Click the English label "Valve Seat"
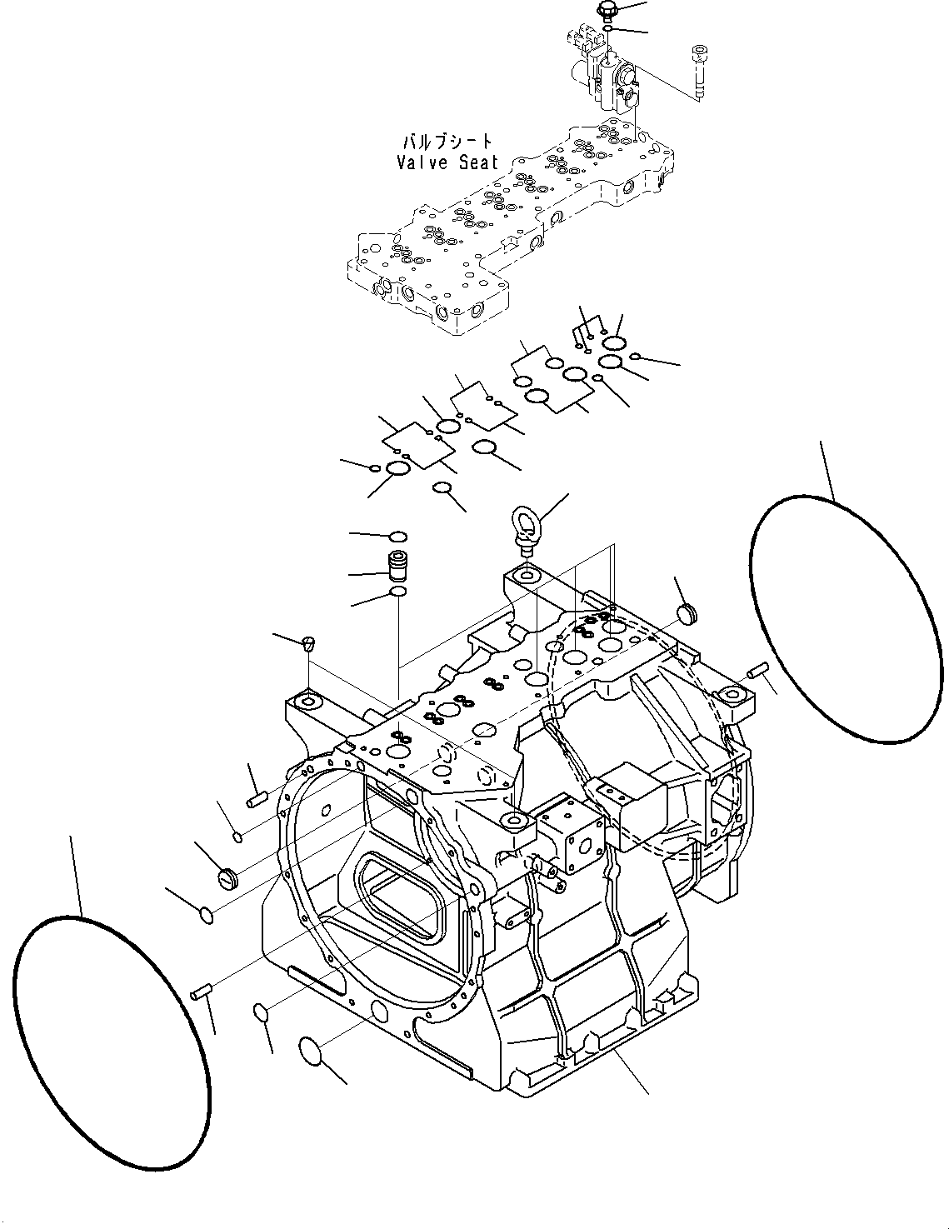[447, 162]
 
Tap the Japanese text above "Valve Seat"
[447, 142]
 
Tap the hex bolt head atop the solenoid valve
[606, 11]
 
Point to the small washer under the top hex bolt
[610, 29]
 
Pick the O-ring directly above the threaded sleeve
[397, 536]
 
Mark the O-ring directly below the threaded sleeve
[399, 592]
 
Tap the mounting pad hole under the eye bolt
[525, 574]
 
